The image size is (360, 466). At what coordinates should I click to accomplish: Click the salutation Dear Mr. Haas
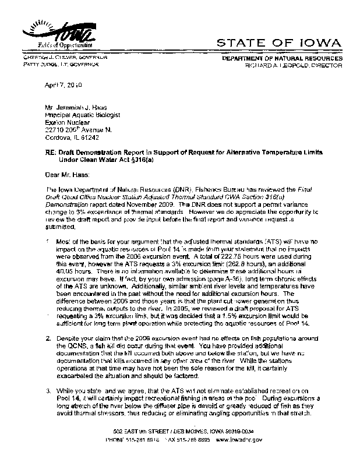coord(66,174)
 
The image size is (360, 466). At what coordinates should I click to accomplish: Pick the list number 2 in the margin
coord(47,338)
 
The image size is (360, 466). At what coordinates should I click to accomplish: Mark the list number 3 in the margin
coord(47,389)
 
